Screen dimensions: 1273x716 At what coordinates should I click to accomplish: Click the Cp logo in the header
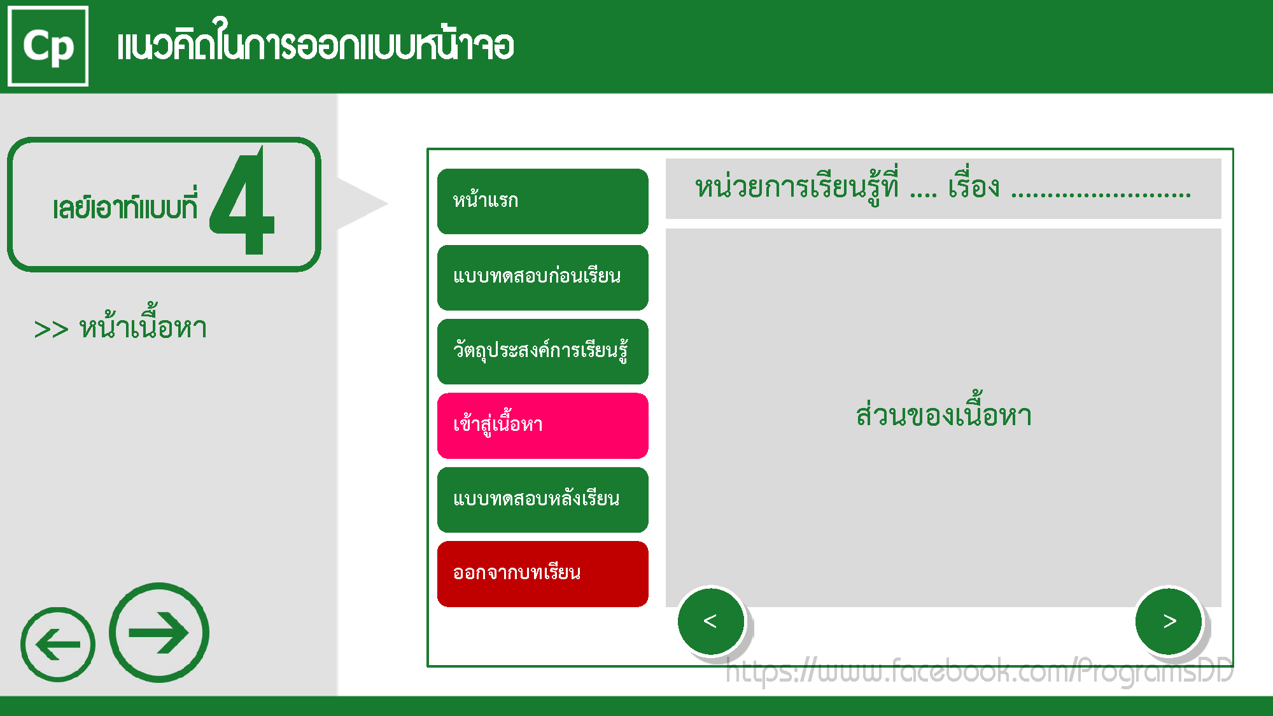(x=48, y=46)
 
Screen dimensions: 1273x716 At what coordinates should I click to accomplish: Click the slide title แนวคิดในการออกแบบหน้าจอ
(x=316, y=43)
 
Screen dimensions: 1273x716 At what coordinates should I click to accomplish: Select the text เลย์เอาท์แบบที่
(x=125, y=206)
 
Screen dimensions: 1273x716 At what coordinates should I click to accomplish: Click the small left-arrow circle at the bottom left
(x=58, y=644)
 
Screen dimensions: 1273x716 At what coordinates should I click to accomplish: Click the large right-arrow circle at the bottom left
(x=159, y=633)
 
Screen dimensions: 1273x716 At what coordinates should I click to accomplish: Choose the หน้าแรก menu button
(x=543, y=201)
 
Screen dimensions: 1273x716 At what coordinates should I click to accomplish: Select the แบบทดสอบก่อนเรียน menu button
(x=543, y=277)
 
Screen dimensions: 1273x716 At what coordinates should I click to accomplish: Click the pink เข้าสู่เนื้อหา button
(x=543, y=426)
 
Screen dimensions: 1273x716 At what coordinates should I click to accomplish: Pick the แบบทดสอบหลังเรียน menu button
(x=543, y=500)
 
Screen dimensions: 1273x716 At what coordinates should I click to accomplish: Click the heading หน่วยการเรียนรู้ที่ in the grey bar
(x=797, y=186)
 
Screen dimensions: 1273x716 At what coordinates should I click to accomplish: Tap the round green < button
(x=711, y=621)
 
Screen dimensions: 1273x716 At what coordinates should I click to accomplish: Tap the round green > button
(x=1169, y=621)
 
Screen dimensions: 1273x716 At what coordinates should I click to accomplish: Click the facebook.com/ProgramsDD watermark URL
(x=980, y=671)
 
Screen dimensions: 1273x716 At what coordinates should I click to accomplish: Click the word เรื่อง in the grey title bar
(x=974, y=186)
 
